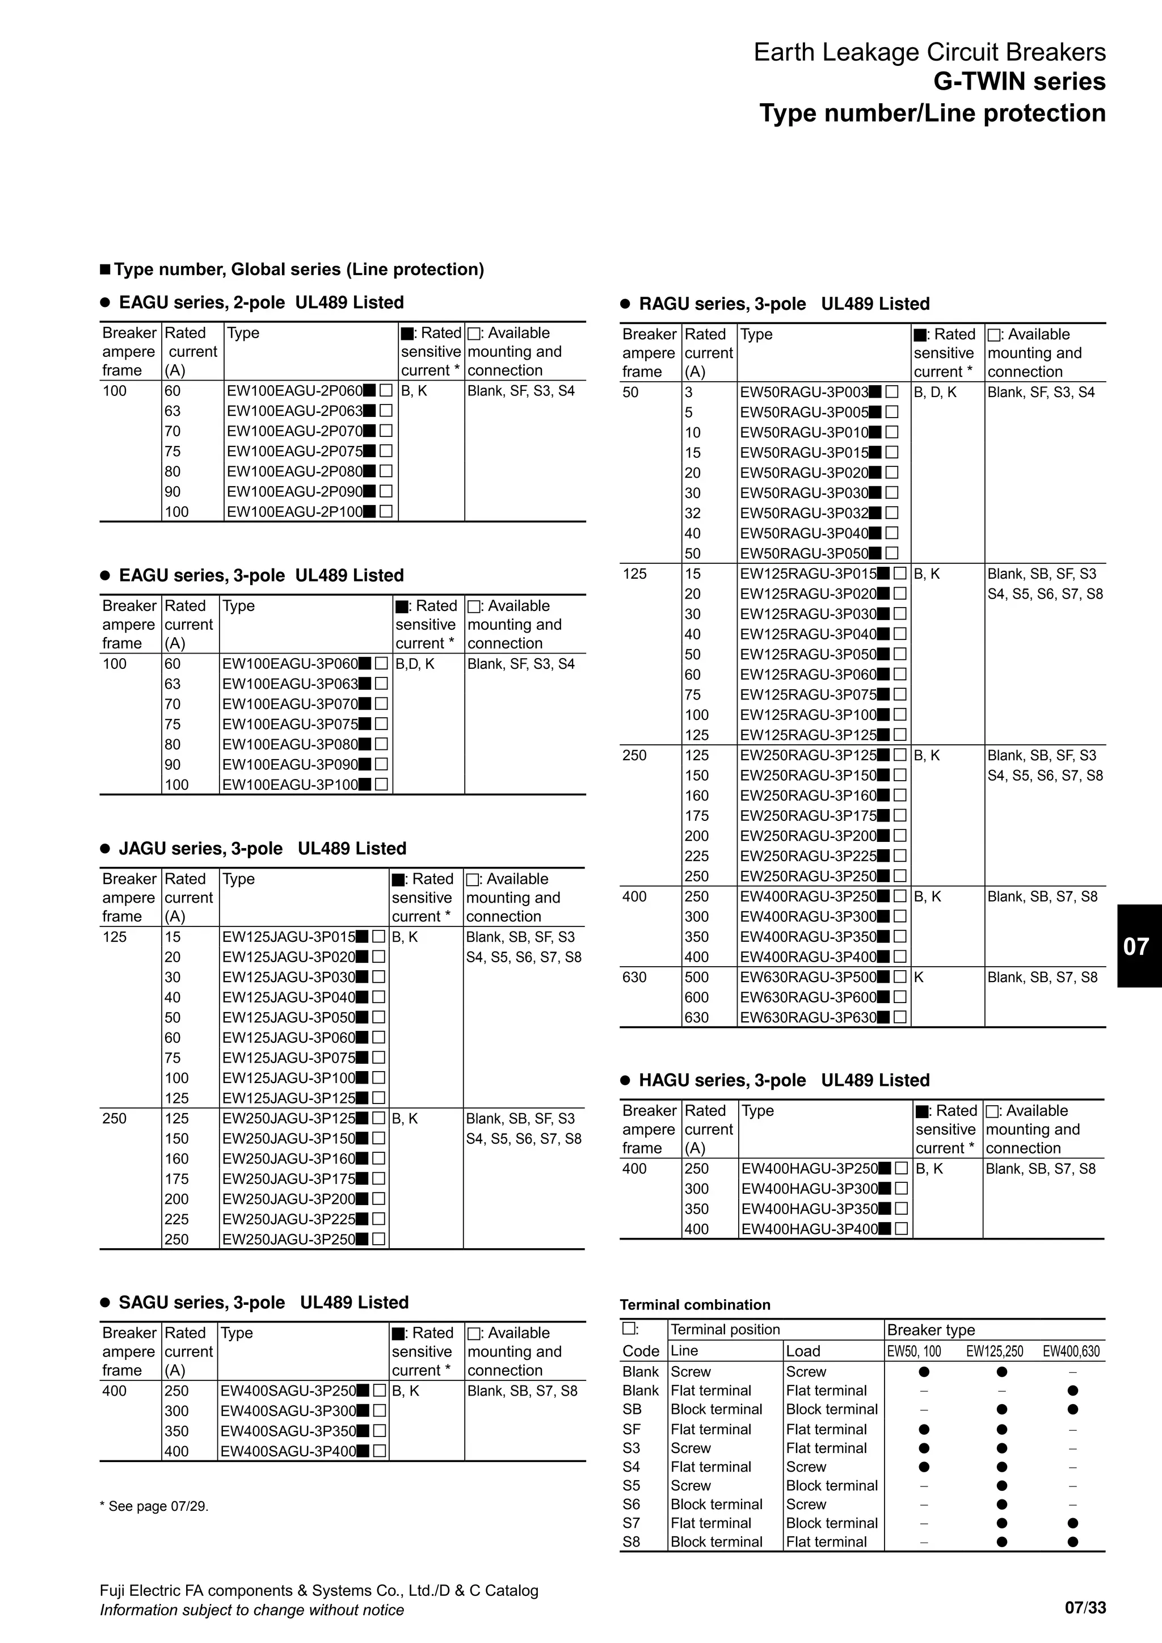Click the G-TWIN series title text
pyautogui.click(x=1019, y=82)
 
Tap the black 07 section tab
pyautogui.click(x=1138, y=946)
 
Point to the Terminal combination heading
pyautogui.click(x=695, y=1304)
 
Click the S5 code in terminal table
pyautogui.click(x=631, y=1486)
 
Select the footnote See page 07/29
pyautogui.click(x=154, y=1506)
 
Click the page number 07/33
pyautogui.click(x=1085, y=1608)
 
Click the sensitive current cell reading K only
pyautogui.click(x=919, y=978)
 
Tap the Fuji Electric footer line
pyautogui.click(x=318, y=1590)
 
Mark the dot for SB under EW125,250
pyautogui.click(x=1002, y=1410)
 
